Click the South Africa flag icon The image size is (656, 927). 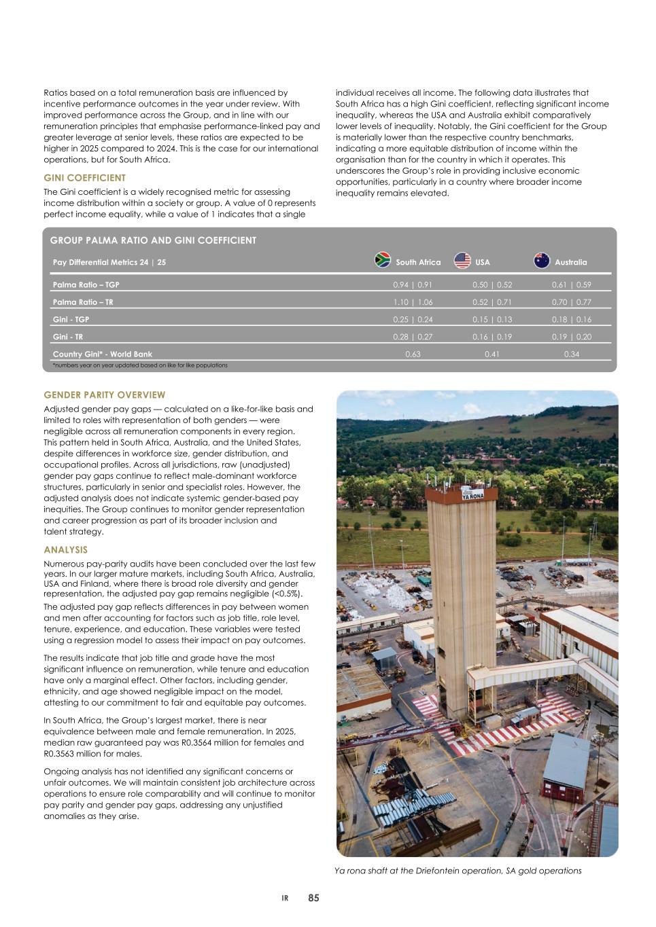(383, 261)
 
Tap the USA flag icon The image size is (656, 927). (462, 261)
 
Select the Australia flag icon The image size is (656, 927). (542, 261)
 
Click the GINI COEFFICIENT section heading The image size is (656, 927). (84, 178)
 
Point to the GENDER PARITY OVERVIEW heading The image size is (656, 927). (104, 395)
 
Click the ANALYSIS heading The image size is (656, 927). (65, 549)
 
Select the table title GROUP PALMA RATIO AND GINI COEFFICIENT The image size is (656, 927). (153, 240)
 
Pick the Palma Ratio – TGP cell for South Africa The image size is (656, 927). (413, 285)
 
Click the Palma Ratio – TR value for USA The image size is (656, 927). (492, 302)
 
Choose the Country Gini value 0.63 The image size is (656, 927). (413, 354)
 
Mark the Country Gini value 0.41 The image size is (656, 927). (492, 354)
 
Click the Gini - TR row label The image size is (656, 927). (68, 337)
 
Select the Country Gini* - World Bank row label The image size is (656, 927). (103, 354)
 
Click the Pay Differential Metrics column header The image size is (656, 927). (109, 262)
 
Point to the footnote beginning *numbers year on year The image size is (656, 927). (140, 365)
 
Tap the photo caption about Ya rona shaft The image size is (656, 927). (458, 871)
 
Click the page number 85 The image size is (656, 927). (313, 898)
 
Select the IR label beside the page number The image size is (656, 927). (286, 898)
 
